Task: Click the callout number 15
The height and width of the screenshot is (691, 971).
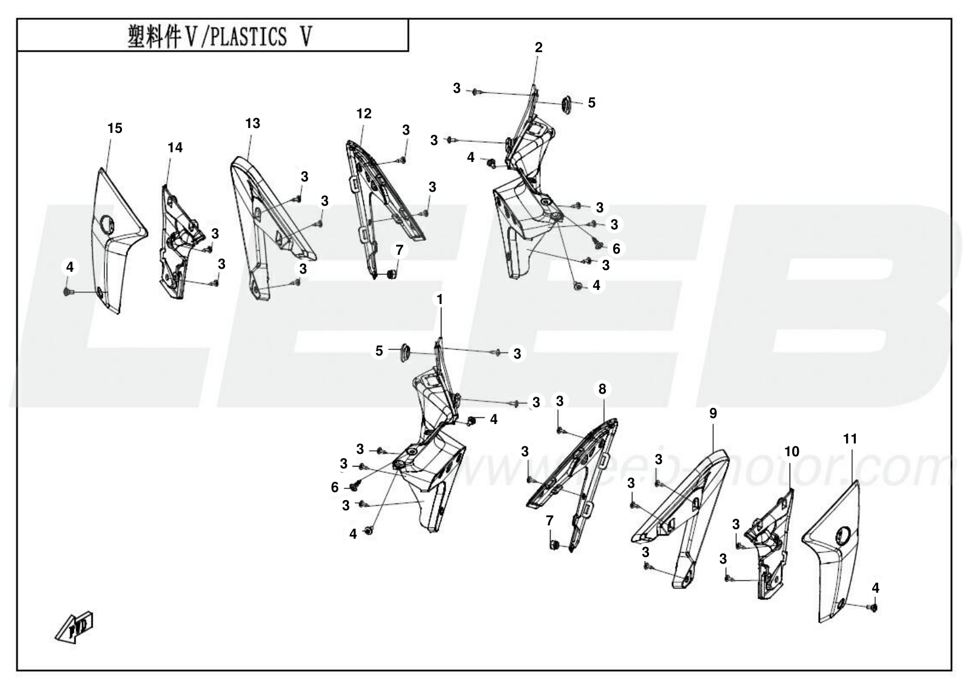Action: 115,129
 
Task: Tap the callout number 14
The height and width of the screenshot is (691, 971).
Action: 175,148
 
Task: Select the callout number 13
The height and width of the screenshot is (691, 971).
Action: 253,124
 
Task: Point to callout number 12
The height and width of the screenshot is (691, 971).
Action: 364,113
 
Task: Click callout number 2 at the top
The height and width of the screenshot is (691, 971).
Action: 539,48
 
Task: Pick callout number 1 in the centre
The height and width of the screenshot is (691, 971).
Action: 440,300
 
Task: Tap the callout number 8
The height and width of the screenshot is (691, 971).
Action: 602,389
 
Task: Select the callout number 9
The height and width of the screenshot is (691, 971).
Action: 713,414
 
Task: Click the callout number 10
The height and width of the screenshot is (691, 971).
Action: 792,452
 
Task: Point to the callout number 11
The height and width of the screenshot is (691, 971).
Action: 850,439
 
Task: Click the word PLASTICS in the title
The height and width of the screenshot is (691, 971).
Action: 248,36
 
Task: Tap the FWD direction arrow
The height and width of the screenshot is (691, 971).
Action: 74,627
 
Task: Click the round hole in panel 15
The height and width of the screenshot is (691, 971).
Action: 107,224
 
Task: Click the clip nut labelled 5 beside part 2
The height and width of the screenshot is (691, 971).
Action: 566,104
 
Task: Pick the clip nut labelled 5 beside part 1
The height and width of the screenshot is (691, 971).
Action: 405,352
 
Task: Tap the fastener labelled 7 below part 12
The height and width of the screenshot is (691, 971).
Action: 391,274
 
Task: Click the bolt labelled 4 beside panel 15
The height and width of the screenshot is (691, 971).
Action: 69,292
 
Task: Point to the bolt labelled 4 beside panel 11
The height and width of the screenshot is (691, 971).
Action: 873,608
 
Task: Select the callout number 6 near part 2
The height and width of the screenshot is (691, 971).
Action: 616,249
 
